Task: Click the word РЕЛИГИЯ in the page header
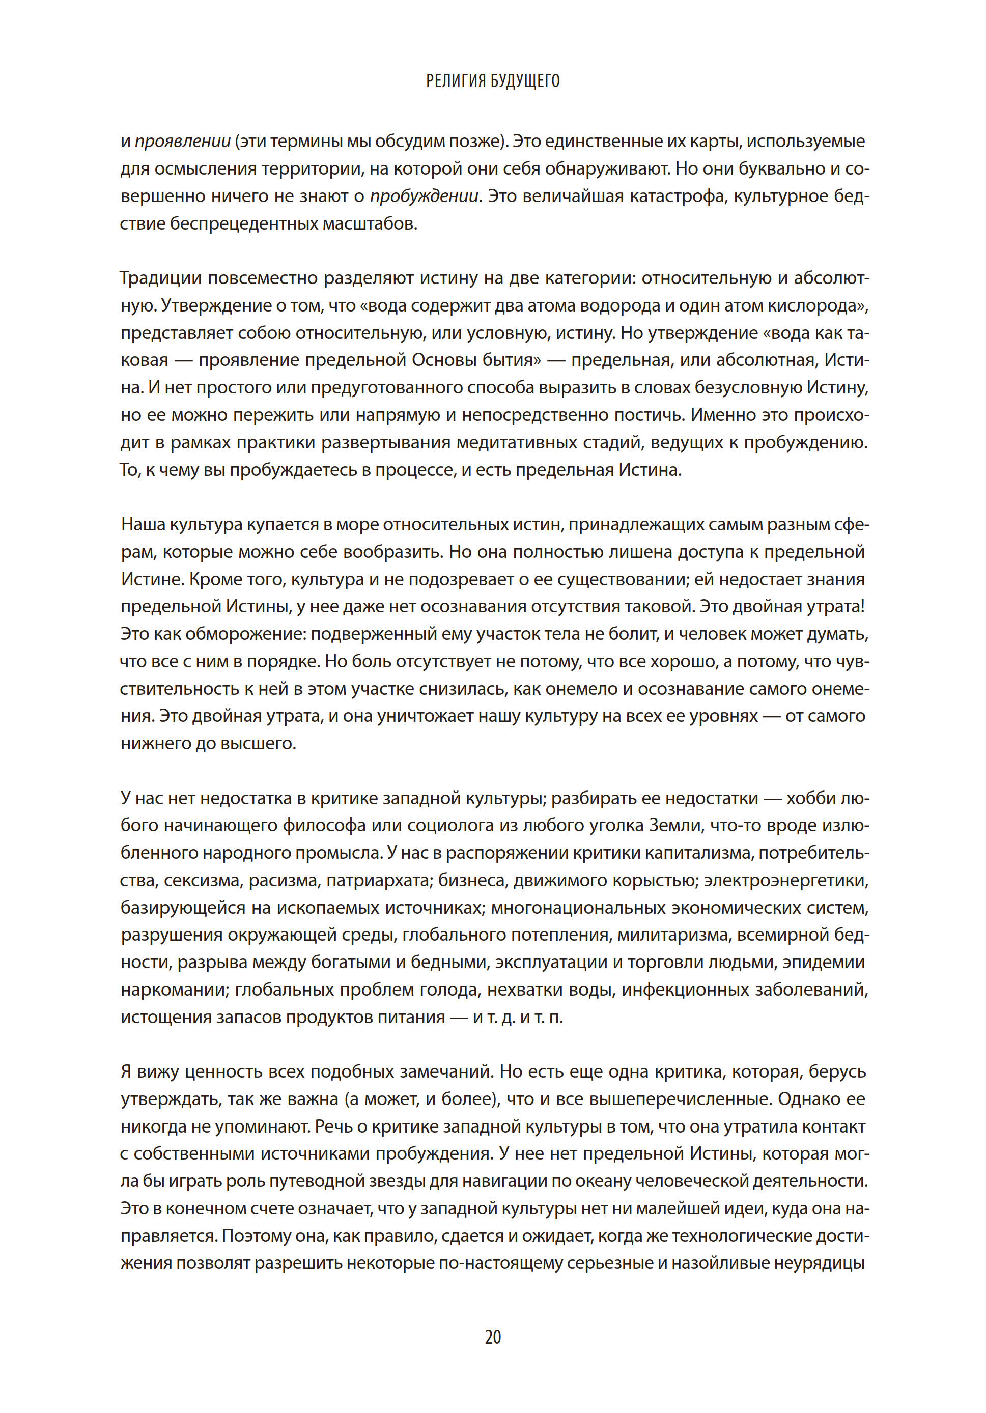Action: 456,81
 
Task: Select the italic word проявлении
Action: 183,142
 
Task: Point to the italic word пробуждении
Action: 424,196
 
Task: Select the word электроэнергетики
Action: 786,880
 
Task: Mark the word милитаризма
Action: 673,935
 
